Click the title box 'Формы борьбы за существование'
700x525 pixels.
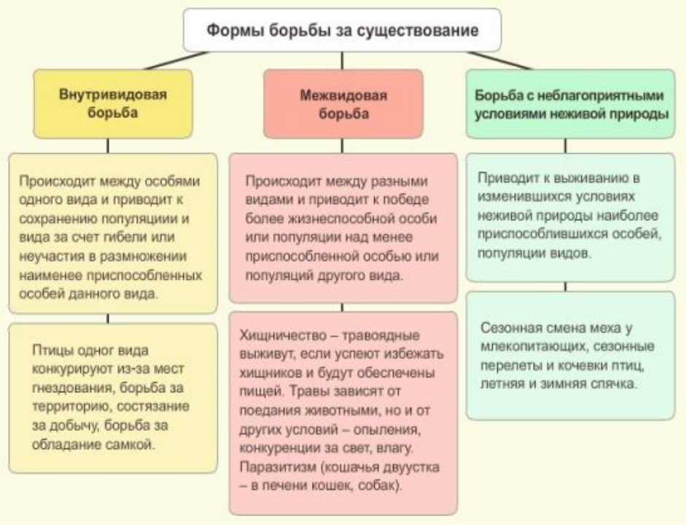point(343,31)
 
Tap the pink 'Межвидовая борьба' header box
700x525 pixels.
point(343,104)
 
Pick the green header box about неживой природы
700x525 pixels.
point(571,104)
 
